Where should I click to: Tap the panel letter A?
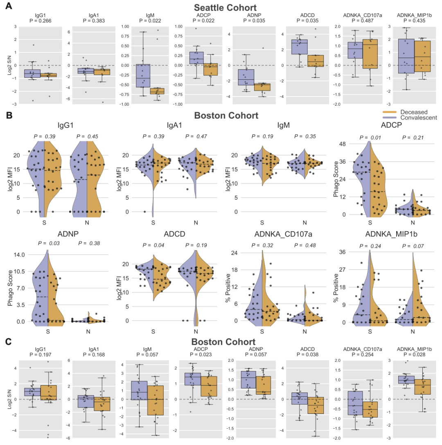tap(9, 7)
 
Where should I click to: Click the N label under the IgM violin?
tap(304, 223)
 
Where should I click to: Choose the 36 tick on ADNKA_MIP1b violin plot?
tap(343, 252)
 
